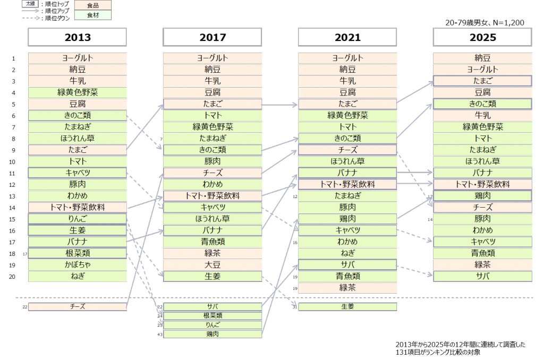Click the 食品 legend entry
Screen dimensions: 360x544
tap(92, 5)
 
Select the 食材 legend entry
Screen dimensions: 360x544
tap(92, 15)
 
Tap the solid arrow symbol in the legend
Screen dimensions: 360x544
tap(31, 10)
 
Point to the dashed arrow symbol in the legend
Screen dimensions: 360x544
tap(31, 18)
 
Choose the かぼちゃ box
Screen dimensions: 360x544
tap(78, 265)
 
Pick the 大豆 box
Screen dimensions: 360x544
tap(212, 265)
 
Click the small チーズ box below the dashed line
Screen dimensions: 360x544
tap(78, 307)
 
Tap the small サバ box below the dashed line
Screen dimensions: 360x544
tap(212, 307)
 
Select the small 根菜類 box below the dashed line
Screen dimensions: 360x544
tap(212, 316)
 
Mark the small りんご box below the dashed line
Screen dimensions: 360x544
tap(212, 325)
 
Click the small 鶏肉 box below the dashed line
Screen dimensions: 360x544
tap(212, 334)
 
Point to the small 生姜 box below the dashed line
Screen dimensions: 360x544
tap(347, 307)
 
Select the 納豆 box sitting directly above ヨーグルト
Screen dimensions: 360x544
tap(482, 58)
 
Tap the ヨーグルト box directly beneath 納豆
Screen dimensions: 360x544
tap(482, 70)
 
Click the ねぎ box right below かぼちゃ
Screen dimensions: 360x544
tap(78, 276)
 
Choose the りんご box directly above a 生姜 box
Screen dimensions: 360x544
tap(78, 219)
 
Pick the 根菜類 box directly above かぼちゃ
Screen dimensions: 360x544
tap(78, 253)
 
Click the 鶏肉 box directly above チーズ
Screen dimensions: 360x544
tap(482, 196)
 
